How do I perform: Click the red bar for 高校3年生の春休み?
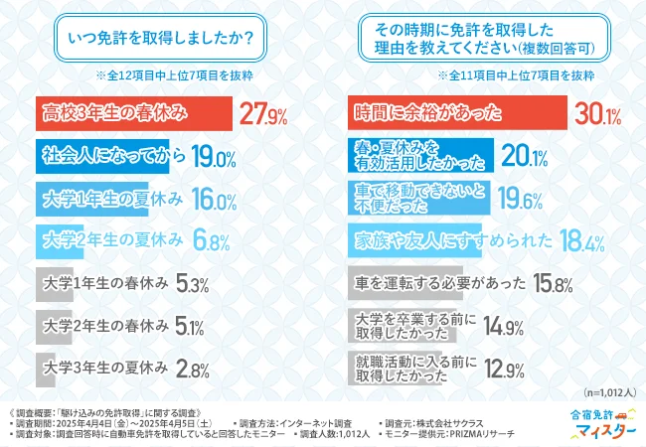pos(133,114)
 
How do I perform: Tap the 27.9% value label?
pos(265,115)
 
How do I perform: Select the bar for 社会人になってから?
pos(103,157)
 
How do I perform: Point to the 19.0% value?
pos(212,158)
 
